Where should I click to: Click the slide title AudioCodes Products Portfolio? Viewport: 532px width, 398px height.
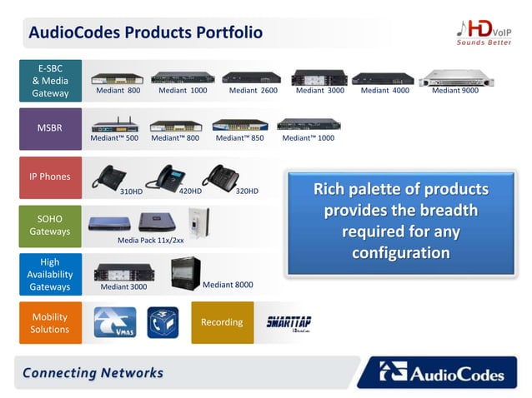coord(146,32)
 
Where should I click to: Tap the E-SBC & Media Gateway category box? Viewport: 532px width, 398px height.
coord(50,80)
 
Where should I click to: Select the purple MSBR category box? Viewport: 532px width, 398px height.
coord(50,128)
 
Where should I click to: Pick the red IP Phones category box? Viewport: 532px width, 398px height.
coord(50,177)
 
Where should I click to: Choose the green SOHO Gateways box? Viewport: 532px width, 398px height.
coord(50,225)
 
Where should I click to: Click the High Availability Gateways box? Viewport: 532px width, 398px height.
coord(50,274)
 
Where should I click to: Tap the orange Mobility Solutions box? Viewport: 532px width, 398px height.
coord(50,323)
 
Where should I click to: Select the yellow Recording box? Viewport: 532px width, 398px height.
coord(222,322)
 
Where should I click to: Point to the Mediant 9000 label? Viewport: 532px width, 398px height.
coord(455,90)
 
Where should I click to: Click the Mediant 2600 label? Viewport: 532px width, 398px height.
coord(253,90)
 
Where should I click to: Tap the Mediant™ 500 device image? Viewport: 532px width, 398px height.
coord(115,126)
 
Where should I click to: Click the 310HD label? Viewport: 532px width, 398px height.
coord(132,192)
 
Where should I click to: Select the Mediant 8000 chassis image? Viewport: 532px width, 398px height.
coord(185,272)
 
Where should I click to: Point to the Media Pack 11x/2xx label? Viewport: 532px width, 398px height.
coord(150,240)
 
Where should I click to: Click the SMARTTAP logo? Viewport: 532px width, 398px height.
coord(289,323)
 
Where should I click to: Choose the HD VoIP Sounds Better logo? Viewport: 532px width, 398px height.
coord(484,33)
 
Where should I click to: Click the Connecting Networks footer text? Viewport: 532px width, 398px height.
coord(93,372)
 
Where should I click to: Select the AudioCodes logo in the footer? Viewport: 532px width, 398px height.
coord(442,372)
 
